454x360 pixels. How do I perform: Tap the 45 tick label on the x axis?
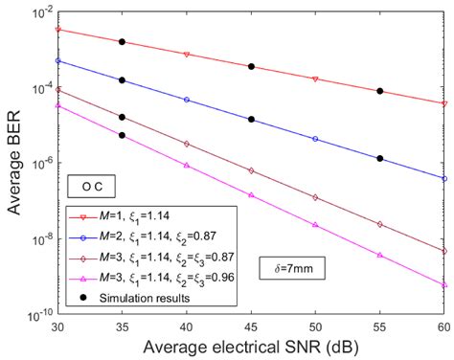click(x=251, y=326)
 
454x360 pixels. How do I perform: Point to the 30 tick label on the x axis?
click(x=57, y=326)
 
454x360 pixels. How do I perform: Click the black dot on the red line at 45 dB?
click(x=251, y=66)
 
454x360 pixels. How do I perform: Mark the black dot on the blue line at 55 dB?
click(x=380, y=158)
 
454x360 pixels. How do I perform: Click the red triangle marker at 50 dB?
click(x=315, y=79)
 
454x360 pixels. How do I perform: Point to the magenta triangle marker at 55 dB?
click(x=380, y=256)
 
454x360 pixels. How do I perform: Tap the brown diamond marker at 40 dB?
click(x=187, y=144)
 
